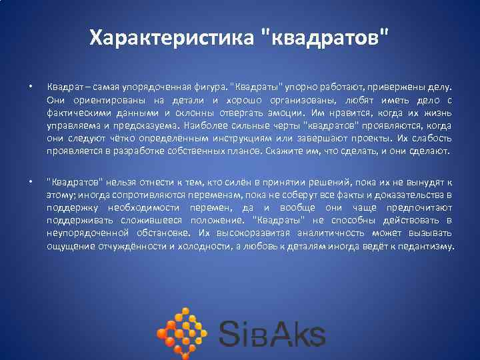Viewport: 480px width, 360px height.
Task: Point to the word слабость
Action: click(431, 138)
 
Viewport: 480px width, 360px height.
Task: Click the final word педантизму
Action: click(425, 246)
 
